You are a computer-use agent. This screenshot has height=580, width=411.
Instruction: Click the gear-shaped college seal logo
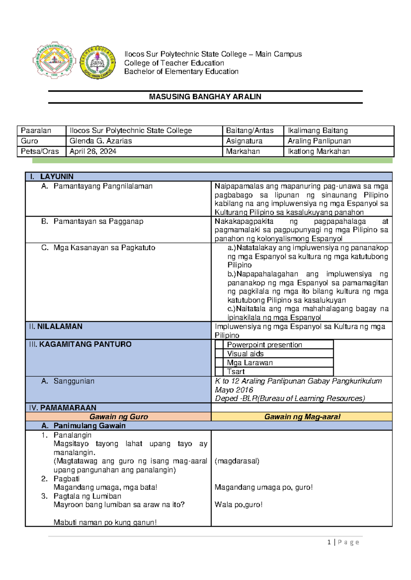[54, 62]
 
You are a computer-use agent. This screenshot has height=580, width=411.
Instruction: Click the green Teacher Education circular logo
[98, 63]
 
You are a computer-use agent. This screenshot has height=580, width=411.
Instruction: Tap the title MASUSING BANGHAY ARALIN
[205, 97]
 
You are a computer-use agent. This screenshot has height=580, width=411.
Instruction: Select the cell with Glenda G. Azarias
[101, 141]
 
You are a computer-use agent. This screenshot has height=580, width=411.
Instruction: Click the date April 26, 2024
[93, 151]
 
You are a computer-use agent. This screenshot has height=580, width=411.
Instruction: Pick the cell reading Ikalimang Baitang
[317, 131]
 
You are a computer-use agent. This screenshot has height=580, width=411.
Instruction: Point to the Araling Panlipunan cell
[319, 141]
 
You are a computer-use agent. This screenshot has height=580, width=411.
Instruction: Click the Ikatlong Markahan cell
[319, 151]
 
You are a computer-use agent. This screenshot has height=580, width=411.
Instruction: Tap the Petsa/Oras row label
[40, 151]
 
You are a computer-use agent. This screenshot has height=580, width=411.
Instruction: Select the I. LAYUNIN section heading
[57, 176]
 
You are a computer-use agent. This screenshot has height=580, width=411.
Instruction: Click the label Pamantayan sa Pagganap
[98, 221]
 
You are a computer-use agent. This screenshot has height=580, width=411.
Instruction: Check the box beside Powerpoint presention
[219, 345]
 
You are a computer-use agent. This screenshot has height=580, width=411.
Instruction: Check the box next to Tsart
[219, 371]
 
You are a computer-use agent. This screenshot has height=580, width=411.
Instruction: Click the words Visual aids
[245, 354]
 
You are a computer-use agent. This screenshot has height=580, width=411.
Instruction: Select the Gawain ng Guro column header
[119, 417]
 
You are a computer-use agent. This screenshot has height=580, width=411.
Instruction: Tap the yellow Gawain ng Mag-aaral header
[302, 417]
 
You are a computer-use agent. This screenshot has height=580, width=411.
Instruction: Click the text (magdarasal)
[237, 461]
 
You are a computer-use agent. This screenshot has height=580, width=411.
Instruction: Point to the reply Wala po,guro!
[238, 505]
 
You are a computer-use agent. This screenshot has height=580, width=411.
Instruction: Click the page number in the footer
[329, 542]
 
